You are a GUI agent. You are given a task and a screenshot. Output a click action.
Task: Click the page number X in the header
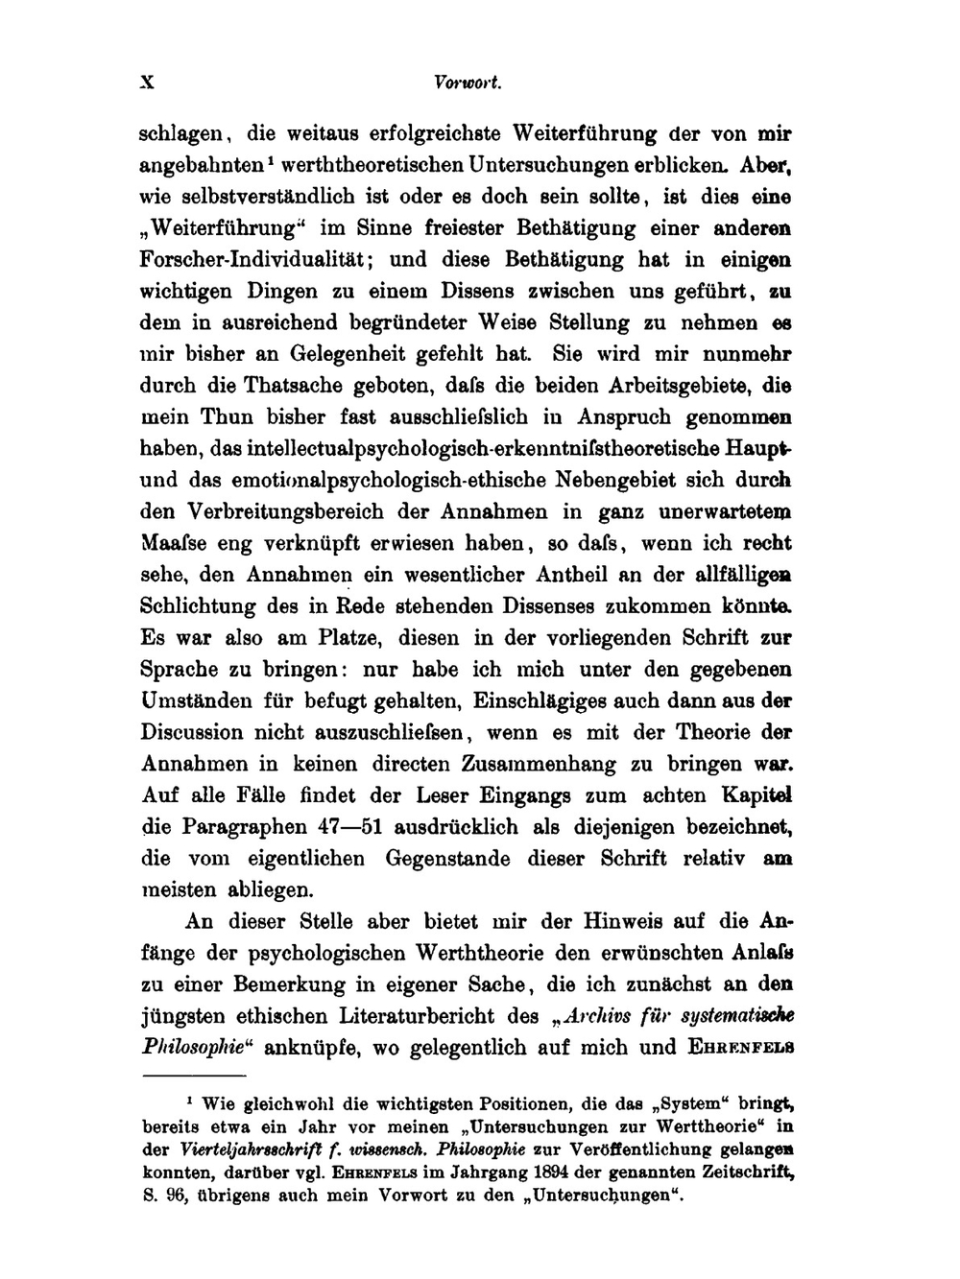click(147, 83)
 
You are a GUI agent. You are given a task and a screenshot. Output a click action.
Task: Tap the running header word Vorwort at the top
click(468, 83)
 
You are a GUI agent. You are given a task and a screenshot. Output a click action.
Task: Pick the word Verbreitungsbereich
click(315, 511)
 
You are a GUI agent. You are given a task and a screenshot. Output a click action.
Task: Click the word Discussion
click(192, 732)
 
